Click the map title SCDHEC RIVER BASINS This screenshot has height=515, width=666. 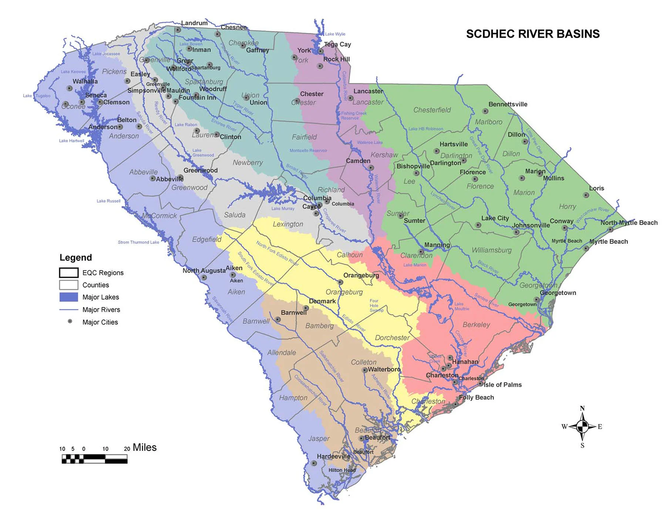tap(532, 34)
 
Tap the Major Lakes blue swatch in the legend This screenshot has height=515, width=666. tap(69, 297)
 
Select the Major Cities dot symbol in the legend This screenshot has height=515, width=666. tap(70, 321)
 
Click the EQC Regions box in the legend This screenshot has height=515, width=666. tap(69, 273)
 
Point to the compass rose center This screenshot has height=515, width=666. tap(582, 427)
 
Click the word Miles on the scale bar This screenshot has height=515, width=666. tap(145, 448)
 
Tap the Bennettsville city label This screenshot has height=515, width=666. tap(508, 104)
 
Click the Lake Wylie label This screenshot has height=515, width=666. tap(335, 34)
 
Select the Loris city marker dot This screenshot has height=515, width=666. tap(586, 195)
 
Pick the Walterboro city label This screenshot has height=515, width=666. tap(384, 369)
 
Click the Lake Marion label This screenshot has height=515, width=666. tap(414, 265)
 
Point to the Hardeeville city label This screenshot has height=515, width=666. tap(333, 456)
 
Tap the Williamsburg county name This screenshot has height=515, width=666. tap(491, 250)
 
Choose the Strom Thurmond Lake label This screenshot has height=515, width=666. tap(138, 242)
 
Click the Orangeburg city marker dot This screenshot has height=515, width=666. tap(340, 282)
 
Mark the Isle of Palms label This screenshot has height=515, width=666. tap(502, 385)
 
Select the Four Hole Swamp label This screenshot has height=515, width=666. tap(376, 305)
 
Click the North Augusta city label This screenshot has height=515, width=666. tap(204, 271)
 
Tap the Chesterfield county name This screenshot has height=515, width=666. tap(432, 110)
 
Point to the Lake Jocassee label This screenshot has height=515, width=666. tap(106, 54)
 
